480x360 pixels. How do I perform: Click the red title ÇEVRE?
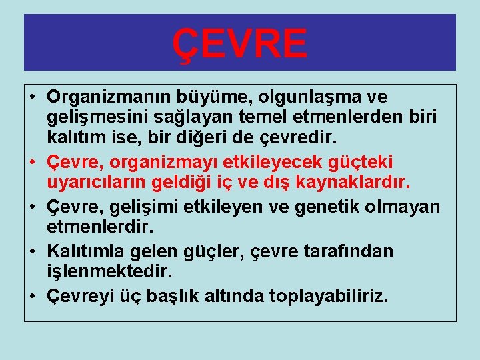(x=240, y=43)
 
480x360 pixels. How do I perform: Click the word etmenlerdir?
(x=100, y=226)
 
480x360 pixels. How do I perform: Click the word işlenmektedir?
(x=109, y=271)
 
